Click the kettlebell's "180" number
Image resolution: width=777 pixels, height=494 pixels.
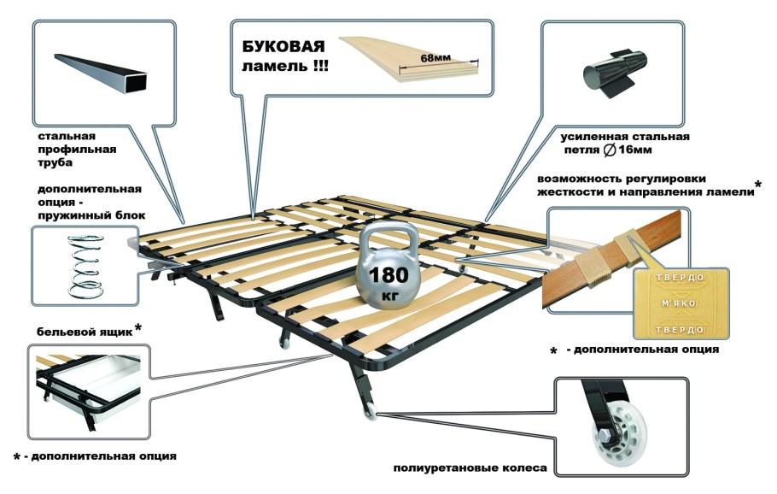coord(389,275)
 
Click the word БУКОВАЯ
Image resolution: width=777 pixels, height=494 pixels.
coord(283,47)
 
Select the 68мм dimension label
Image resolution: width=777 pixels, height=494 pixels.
coord(435,57)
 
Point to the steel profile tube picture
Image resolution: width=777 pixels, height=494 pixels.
coord(101,74)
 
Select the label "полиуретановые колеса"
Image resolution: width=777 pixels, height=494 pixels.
coord(470,468)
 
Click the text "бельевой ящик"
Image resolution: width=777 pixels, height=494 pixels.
coord(85,332)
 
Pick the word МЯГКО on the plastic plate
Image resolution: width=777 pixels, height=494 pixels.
coord(680,303)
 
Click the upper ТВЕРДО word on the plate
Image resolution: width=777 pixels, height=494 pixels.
coord(680,277)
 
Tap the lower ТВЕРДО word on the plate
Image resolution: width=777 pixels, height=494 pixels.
coord(680,330)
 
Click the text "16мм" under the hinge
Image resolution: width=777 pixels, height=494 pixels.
coord(635,150)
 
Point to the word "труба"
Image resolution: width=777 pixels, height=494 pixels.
coord(55,162)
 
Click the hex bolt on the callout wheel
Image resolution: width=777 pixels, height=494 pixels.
coord(605,438)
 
